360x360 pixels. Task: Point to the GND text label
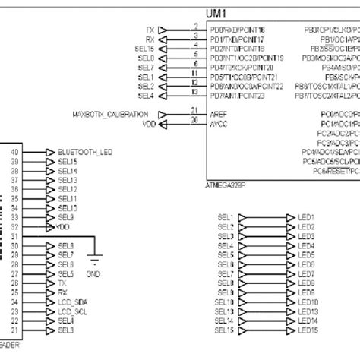pos(93,273)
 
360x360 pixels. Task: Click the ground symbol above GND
pos(93,258)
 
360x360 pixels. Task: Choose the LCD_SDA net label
pos(71,302)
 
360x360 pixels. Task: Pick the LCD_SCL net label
pos(71,311)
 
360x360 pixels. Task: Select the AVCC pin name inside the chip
pos(219,122)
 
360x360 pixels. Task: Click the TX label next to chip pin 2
pos(150,30)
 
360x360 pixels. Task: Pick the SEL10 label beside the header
pos(68,208)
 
